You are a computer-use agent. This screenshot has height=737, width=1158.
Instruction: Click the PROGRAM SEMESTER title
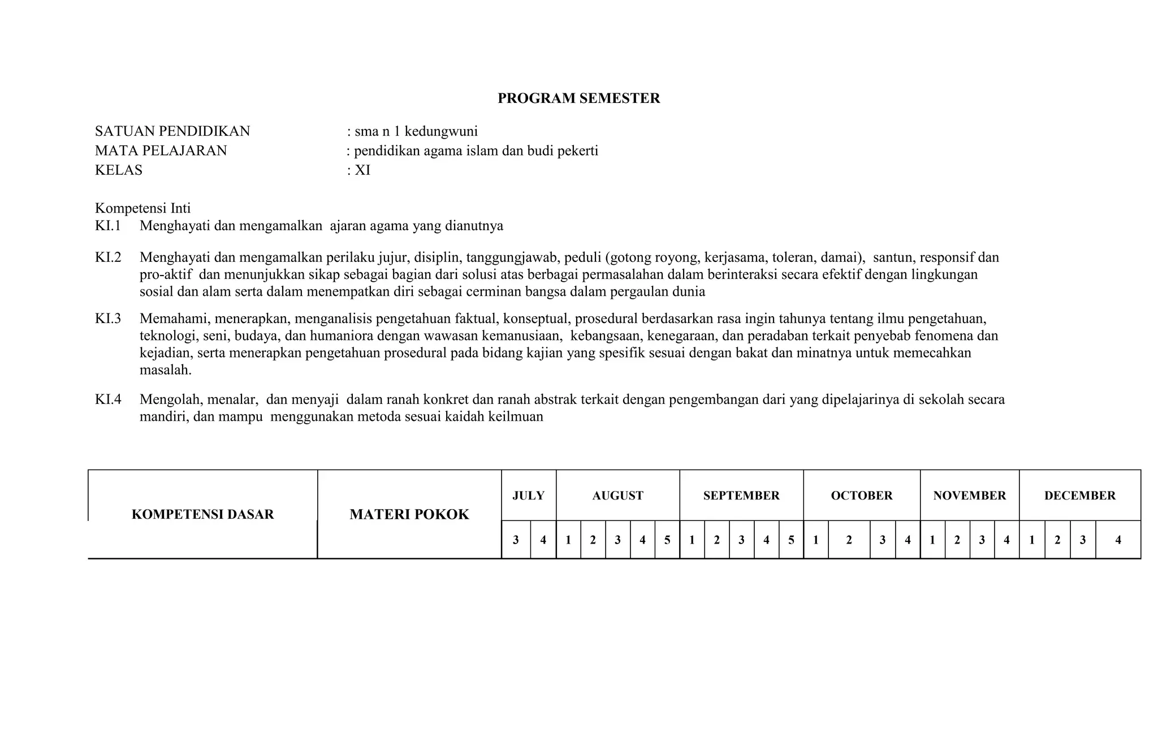click(578, 98)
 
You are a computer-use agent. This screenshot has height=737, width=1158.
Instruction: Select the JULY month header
click(528, 495)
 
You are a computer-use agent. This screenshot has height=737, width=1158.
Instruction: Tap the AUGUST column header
click(617, 495)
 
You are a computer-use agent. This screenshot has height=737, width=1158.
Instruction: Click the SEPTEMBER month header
click(741, 495)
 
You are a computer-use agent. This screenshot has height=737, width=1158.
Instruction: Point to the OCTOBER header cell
click(861, 495)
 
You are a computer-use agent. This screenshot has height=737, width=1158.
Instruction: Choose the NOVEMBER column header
click(969, 495)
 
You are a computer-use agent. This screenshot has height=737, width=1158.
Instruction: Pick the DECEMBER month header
click(1079, 495)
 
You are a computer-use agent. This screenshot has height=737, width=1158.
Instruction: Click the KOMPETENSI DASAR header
click(202, 514)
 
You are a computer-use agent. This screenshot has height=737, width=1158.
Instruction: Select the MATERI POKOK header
click(409, 514)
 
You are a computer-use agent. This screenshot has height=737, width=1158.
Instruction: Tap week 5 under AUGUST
click(667, 540)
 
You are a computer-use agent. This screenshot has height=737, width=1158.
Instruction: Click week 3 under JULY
click(516, 540)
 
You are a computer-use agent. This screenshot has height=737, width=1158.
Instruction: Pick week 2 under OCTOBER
click(849, 540)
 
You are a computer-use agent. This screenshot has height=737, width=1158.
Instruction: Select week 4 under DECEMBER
click(1118, 540)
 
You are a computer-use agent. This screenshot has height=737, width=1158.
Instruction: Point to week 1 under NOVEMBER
click(932, 540)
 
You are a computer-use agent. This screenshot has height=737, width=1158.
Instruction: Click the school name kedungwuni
click(441, 132)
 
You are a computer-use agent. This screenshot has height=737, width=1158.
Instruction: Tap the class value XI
click(362, 170)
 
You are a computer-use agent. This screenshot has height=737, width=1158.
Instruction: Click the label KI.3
click(108, 318)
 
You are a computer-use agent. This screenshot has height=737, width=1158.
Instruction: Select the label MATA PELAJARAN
click(161, 151)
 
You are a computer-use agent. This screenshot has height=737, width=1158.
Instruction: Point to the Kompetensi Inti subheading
click(142, 208)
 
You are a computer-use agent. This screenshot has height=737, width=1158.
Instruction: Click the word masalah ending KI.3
click(165, 370)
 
